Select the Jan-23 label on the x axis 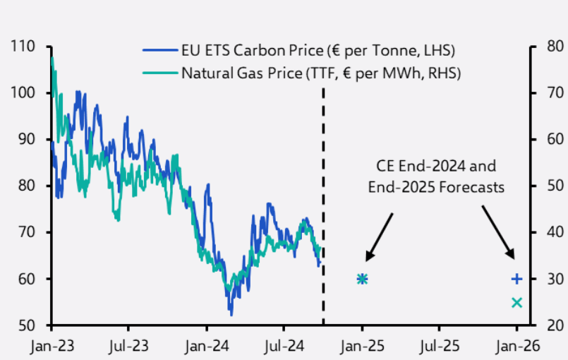tap(52, 347)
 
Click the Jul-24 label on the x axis tap(284, 347)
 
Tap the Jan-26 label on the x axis tap(516, 347)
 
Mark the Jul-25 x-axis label tap(439, 347)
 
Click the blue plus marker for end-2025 tap(516, 280)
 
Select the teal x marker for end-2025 tap(516, 303)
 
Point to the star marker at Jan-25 tap(362, 280)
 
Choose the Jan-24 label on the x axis tap(206, 347)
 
